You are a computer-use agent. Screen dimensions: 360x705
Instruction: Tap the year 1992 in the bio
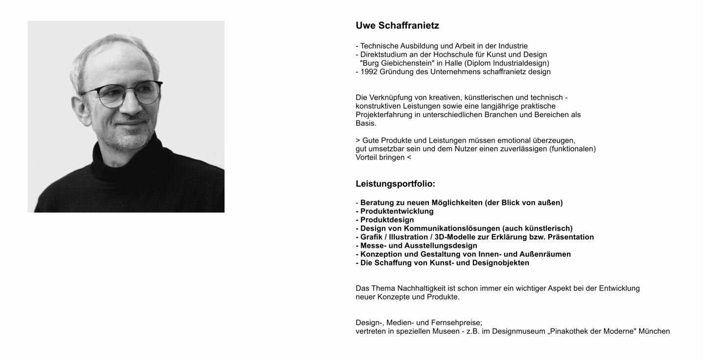[x=369, y=72]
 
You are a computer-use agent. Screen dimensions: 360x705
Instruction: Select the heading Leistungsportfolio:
[x=395, y=184]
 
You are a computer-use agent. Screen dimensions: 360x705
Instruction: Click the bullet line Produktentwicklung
[x=397, y=212]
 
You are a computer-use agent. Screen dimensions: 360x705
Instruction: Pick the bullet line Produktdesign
[x=387, y=220]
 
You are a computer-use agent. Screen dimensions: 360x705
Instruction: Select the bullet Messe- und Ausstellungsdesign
[x=419, y=246]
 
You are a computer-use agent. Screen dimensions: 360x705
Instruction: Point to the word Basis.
[x=366, y=123]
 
